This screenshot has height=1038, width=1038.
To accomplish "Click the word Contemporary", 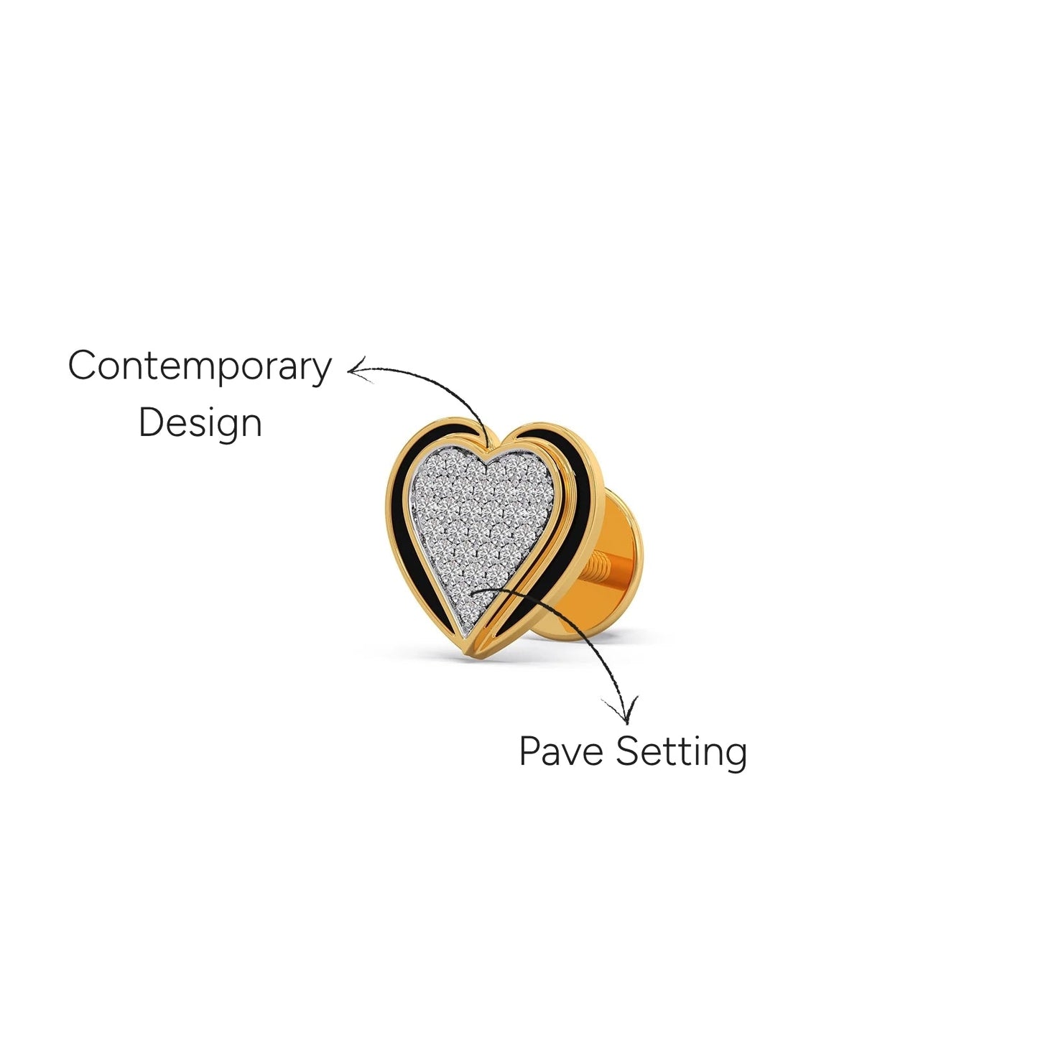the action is point(199,367).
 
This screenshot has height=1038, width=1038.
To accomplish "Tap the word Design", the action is point(200,424).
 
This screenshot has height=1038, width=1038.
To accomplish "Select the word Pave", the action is point(561,751).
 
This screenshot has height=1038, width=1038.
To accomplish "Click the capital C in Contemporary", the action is point(83,366).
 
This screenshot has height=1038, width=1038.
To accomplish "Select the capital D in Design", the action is point(152,423).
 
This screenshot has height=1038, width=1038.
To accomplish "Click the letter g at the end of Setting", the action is point(736,757).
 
